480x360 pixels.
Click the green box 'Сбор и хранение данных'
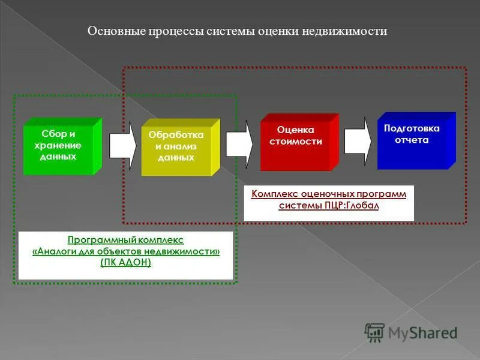click(58, 148)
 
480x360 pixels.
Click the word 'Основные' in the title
click(112, 31)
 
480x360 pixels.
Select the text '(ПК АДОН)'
click(125, 263)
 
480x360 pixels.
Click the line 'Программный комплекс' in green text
click(125, 239)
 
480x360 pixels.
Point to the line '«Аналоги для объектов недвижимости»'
click(125, 251)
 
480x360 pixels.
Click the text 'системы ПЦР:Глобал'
click(329, 206)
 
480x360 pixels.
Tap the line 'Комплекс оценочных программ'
click(329, 194)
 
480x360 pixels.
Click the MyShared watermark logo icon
click(375, 332)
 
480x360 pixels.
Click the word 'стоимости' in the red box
click(296, 142)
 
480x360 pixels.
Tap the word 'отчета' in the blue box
click(412, 140)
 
